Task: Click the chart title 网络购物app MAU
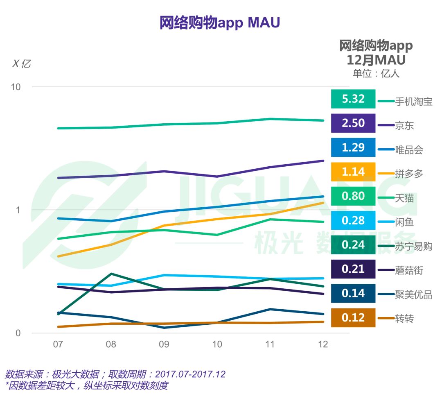click(220, 23)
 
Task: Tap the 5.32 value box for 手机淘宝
click(353, 99)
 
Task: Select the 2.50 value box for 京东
click(353, 123)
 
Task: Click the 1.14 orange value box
click(353, 172)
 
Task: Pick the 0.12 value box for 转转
click(353, 318)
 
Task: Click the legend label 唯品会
click(409, 150)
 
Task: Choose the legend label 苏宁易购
click(413, 247)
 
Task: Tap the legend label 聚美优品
click(413, 295)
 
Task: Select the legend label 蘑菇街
click(409, 271)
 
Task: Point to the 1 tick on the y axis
click(18, 210)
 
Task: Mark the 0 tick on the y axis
click(18, 333)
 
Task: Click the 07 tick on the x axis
click(58, 344)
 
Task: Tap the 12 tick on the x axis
click(323, 344)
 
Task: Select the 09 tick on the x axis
click(164, 344)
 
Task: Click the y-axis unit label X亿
click(22, 63)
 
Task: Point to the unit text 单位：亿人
click(376, 74)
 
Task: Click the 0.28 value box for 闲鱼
click(353, 221)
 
